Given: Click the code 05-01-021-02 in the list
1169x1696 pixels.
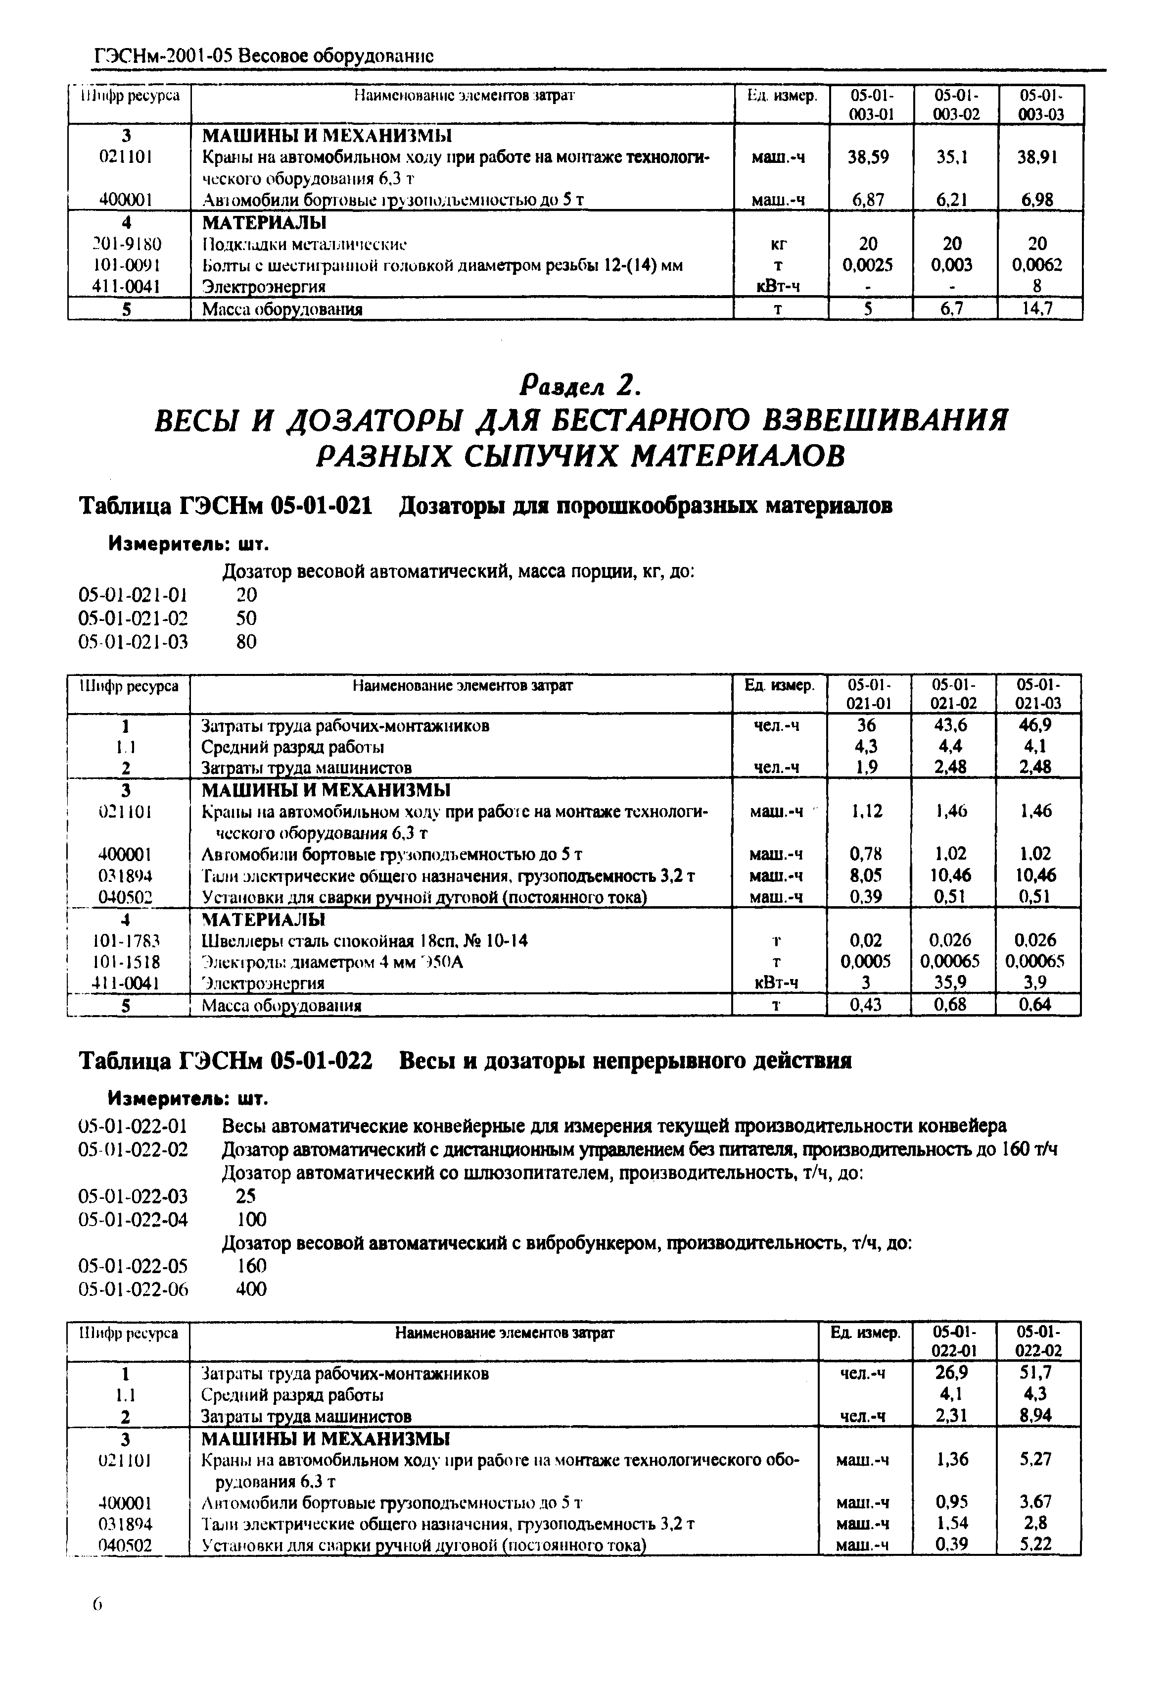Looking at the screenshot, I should point(133,618).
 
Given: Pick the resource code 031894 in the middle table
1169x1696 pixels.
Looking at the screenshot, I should point(125,875).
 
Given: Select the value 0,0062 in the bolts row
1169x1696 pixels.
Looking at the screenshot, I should point(1036,264).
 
